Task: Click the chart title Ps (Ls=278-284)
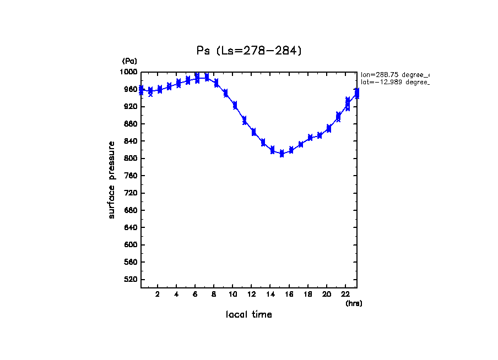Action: click(249, 51)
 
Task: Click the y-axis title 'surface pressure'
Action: click(112, 179)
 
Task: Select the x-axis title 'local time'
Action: click(249, 315)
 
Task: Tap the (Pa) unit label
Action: click(129, 61)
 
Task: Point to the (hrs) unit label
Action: click(354, 303)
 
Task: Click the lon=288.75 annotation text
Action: click(394, 74)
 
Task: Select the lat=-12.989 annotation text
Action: click(394, 82)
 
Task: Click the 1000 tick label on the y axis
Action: click(130, 72)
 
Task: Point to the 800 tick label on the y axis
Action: click(132, 159)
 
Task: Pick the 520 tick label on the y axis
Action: click(132, 280)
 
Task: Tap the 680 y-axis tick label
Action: click(132, 210)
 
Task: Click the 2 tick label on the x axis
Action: click(158, 294)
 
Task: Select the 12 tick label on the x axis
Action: click(251, 294)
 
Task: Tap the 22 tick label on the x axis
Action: click(345, 294)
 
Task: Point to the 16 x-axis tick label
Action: click(289, 294)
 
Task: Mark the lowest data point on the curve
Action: click(282, 154)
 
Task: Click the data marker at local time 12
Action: click(253, 132)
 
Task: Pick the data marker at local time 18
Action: click(310, 138)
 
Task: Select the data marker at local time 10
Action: click(235, 105)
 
